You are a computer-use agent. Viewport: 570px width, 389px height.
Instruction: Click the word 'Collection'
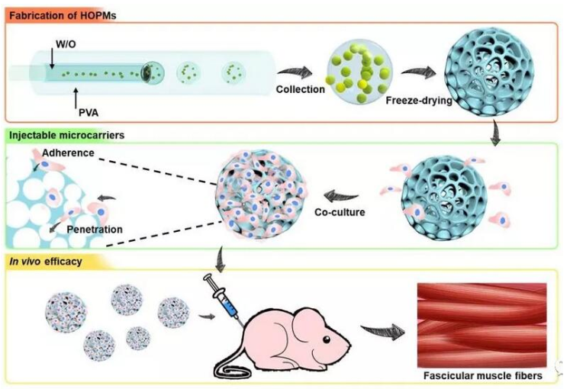point(301,89)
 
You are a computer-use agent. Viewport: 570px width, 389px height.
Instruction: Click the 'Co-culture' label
point(340,211)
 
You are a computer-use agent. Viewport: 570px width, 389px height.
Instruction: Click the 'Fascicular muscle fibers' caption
point(482,376)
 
